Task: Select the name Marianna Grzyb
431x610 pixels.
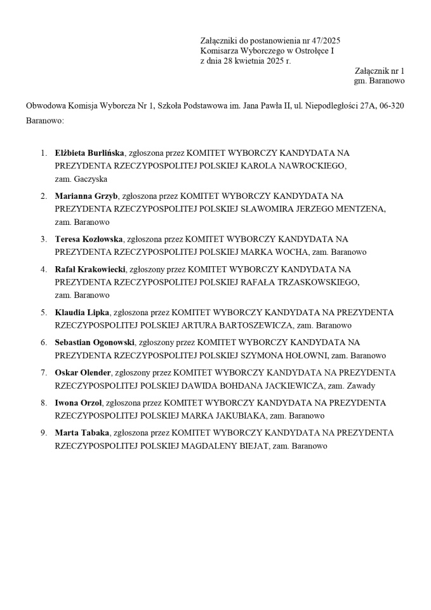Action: point(86,196)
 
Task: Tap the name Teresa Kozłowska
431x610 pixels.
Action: point(89,240)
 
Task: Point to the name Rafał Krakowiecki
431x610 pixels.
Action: point(90,269)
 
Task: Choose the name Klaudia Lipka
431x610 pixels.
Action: point(82,313)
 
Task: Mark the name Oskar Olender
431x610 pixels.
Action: point(83,373)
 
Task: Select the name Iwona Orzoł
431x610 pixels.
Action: point(79,403)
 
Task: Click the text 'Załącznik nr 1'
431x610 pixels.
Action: point(379,71)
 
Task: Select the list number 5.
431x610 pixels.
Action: point(44,313)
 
